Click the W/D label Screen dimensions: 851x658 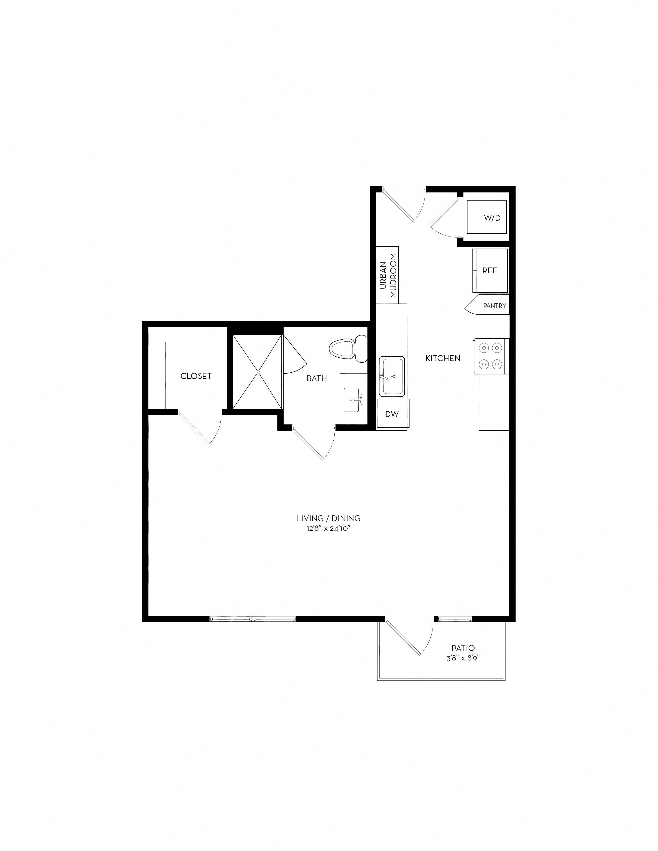(492, 218)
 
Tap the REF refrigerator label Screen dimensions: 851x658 (490, 271)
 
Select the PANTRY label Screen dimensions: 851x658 (494, 306)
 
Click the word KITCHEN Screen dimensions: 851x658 (443, 358)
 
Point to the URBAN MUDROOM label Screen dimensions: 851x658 (388, 275)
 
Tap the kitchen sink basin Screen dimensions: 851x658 (392, 377)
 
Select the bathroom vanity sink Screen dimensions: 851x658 (354, 399)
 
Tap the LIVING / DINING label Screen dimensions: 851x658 (328, 518)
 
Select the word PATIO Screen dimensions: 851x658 (463, 648)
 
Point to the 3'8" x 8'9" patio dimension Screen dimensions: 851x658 (463, 658)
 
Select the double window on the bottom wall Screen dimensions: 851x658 (253, 618)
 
